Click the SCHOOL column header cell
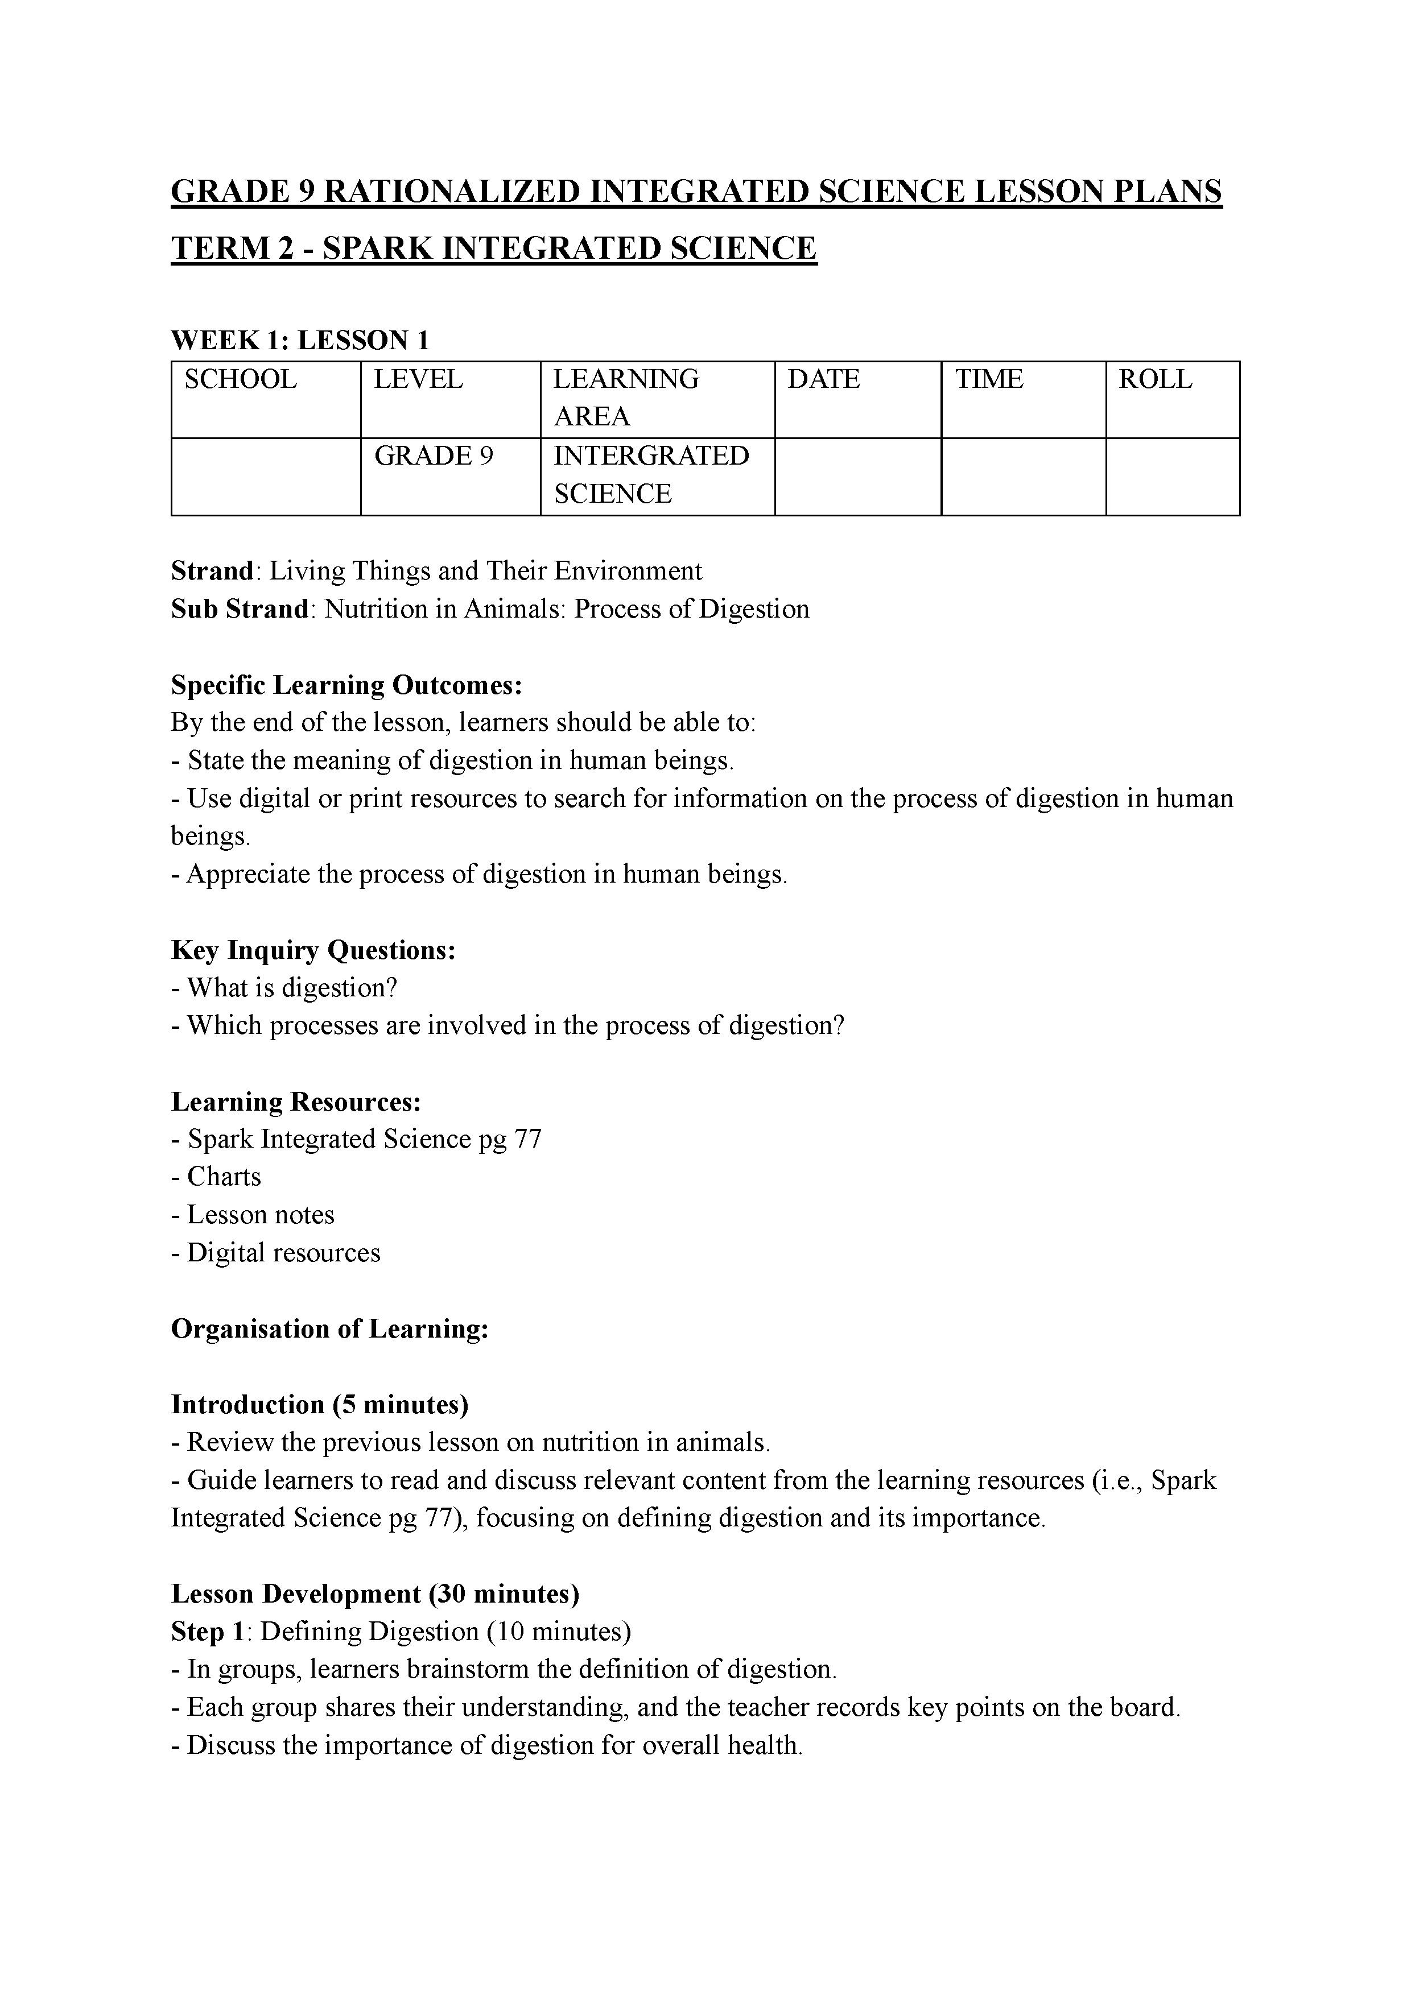[x=240, y=380]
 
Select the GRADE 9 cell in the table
[x=433, y=456]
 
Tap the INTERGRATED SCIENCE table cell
[x=651, y=474]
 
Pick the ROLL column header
[x=1154, y=380]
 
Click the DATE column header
[x=823, y=380]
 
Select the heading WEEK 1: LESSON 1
[x=300, y=340]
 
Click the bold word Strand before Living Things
[x=211, y=572]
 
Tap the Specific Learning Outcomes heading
[x=346, y=685]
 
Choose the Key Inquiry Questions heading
[x=313, y=950]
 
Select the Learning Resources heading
[x=296, y=1102]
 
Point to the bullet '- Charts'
[x=216, y=1177]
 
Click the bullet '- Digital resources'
[x=275, y=1253]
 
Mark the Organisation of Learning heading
[x=329, y=1330]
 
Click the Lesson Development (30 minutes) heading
[x=375, y=1595]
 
